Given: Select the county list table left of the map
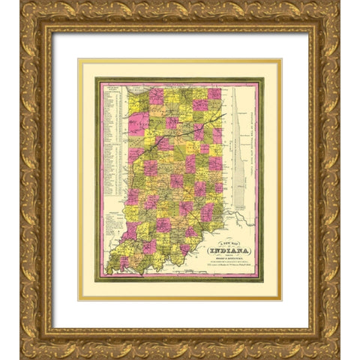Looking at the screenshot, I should pos(113,139).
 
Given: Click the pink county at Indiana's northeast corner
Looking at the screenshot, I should pos(214,94).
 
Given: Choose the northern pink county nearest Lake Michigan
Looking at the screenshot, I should pos(156,96).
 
